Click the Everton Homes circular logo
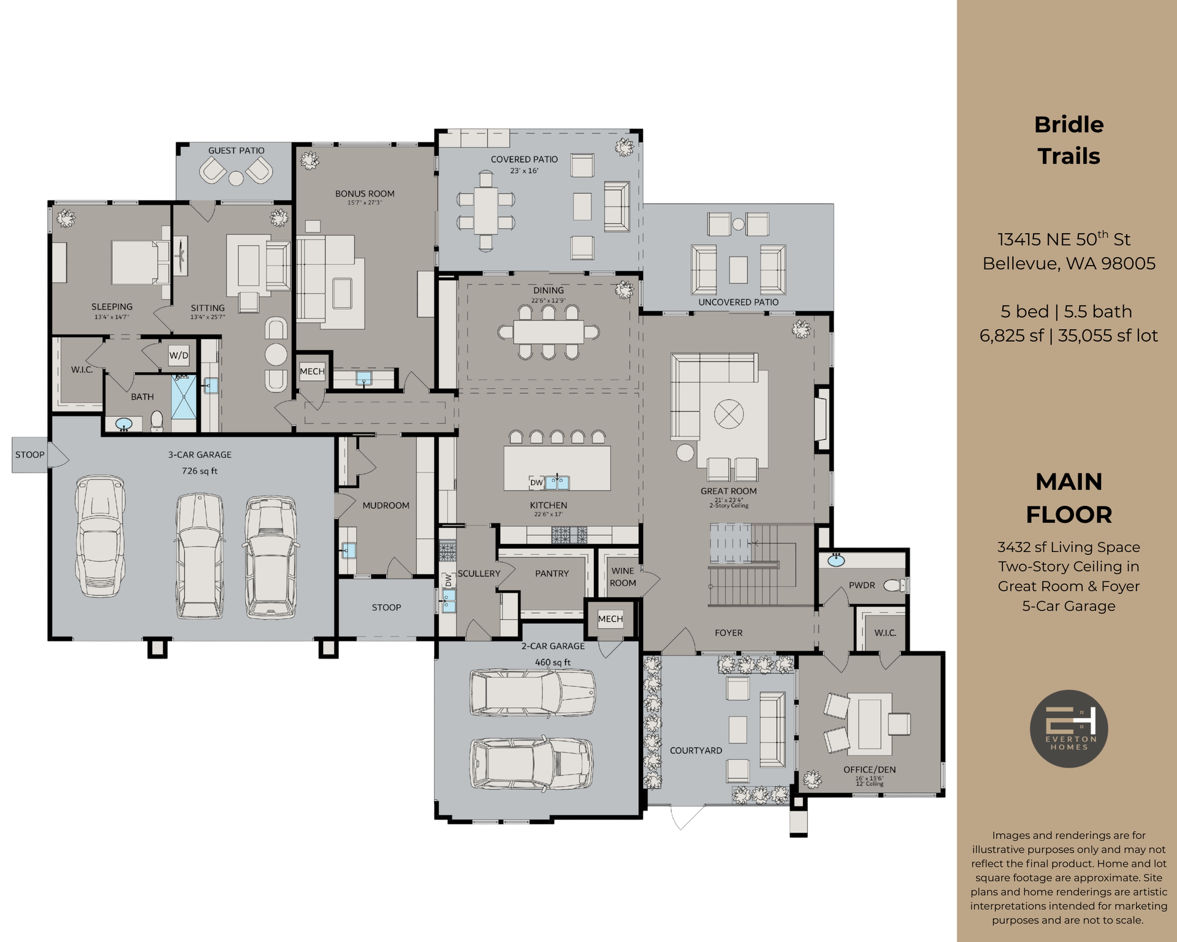1068,729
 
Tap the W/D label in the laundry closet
179,356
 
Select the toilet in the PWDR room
896,585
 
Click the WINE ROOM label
623,576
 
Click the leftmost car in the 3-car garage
99,535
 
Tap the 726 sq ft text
199,471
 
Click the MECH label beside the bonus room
312,371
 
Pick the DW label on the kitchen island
536,483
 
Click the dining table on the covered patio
486,210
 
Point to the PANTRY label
552,573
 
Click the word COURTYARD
696,751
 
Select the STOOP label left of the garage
29,454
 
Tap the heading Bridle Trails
1068,140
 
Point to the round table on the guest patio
236,178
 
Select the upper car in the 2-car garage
532,693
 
